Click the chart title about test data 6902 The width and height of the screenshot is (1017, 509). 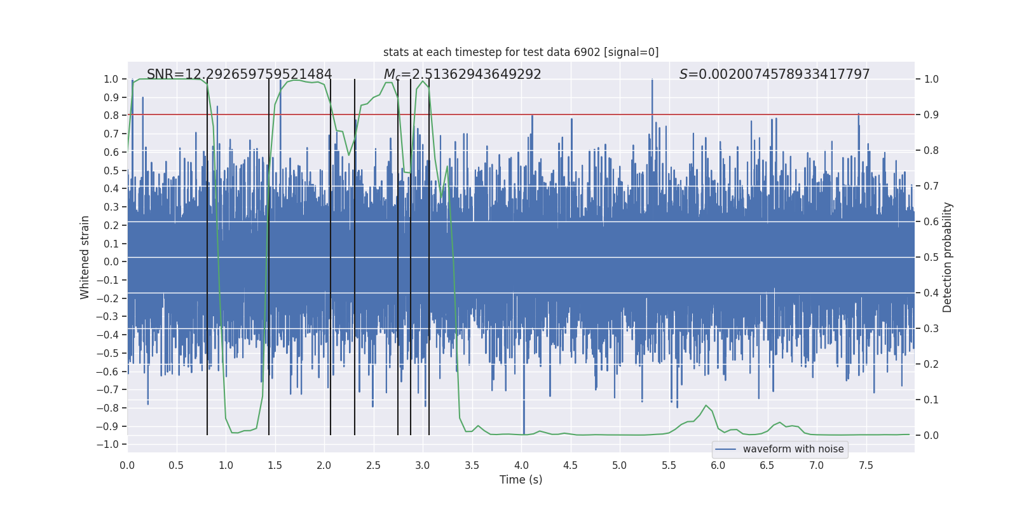coord(521,52)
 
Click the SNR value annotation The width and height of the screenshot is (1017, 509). coord(239,74)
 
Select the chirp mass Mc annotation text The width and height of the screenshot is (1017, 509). coord(462,74)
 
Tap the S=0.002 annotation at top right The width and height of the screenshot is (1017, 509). coord(774,74)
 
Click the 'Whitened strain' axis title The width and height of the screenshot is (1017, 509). coord(85,257)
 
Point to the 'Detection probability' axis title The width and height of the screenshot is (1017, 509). coord(948,257)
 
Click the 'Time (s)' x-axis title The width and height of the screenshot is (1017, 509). coord(521,480)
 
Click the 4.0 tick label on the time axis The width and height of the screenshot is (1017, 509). coord(521,465)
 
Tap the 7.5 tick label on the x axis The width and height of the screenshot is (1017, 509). coord(866,465)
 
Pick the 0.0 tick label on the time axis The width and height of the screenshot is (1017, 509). coord(127,465)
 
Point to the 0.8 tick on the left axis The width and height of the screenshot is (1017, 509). coord(111,115)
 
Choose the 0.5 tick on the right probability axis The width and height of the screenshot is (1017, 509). coord(931,257)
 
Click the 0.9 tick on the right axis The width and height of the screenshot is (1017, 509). coord(931,115)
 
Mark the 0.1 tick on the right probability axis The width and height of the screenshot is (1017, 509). coord(931,400)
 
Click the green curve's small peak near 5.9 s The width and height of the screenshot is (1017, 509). coord(706,405)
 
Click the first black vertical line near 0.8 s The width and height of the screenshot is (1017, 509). coord(207,254)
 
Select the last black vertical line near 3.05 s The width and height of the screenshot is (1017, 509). coord(429,254)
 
